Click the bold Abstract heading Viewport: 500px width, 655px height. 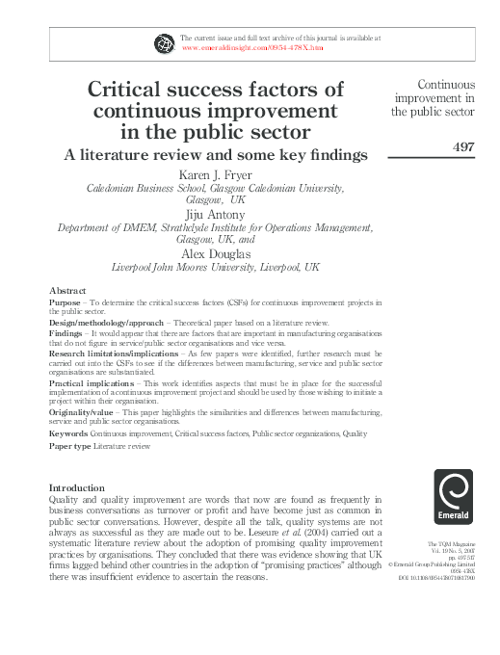pyautogui.click(x=67, y=290)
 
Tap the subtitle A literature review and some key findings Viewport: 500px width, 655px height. pyautogui.click(x=216, y=153)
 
